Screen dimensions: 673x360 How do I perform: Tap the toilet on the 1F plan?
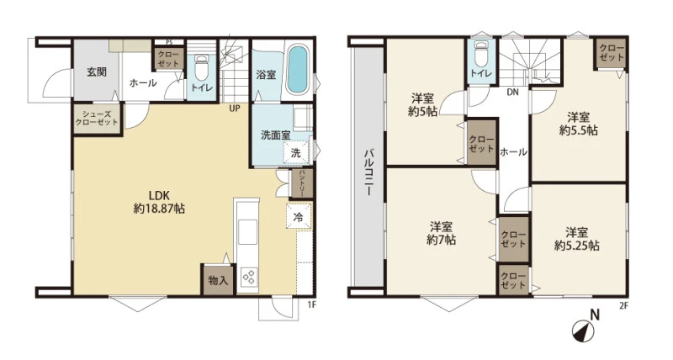point(200,70)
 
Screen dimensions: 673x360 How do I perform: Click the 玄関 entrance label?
point(97,71)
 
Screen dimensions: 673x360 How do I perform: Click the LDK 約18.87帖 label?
point(159,202)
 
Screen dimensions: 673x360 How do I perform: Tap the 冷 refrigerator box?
point(298,218)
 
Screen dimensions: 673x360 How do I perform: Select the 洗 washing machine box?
point(296,152)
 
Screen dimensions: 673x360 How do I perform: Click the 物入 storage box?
point(218,280)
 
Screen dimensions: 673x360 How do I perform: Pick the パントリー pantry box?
point(302,183)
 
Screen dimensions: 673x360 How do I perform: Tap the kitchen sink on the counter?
point(247,231)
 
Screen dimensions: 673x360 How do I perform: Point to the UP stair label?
point(235,109)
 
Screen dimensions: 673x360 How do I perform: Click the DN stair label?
point(512,92)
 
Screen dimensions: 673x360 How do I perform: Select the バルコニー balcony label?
point(368,172)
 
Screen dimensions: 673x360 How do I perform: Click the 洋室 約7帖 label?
point(441,233)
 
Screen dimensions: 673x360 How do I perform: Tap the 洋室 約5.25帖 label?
point(576,239)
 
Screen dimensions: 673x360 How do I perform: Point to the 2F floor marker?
point(623,305)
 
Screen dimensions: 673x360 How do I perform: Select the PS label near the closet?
point(169,42)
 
